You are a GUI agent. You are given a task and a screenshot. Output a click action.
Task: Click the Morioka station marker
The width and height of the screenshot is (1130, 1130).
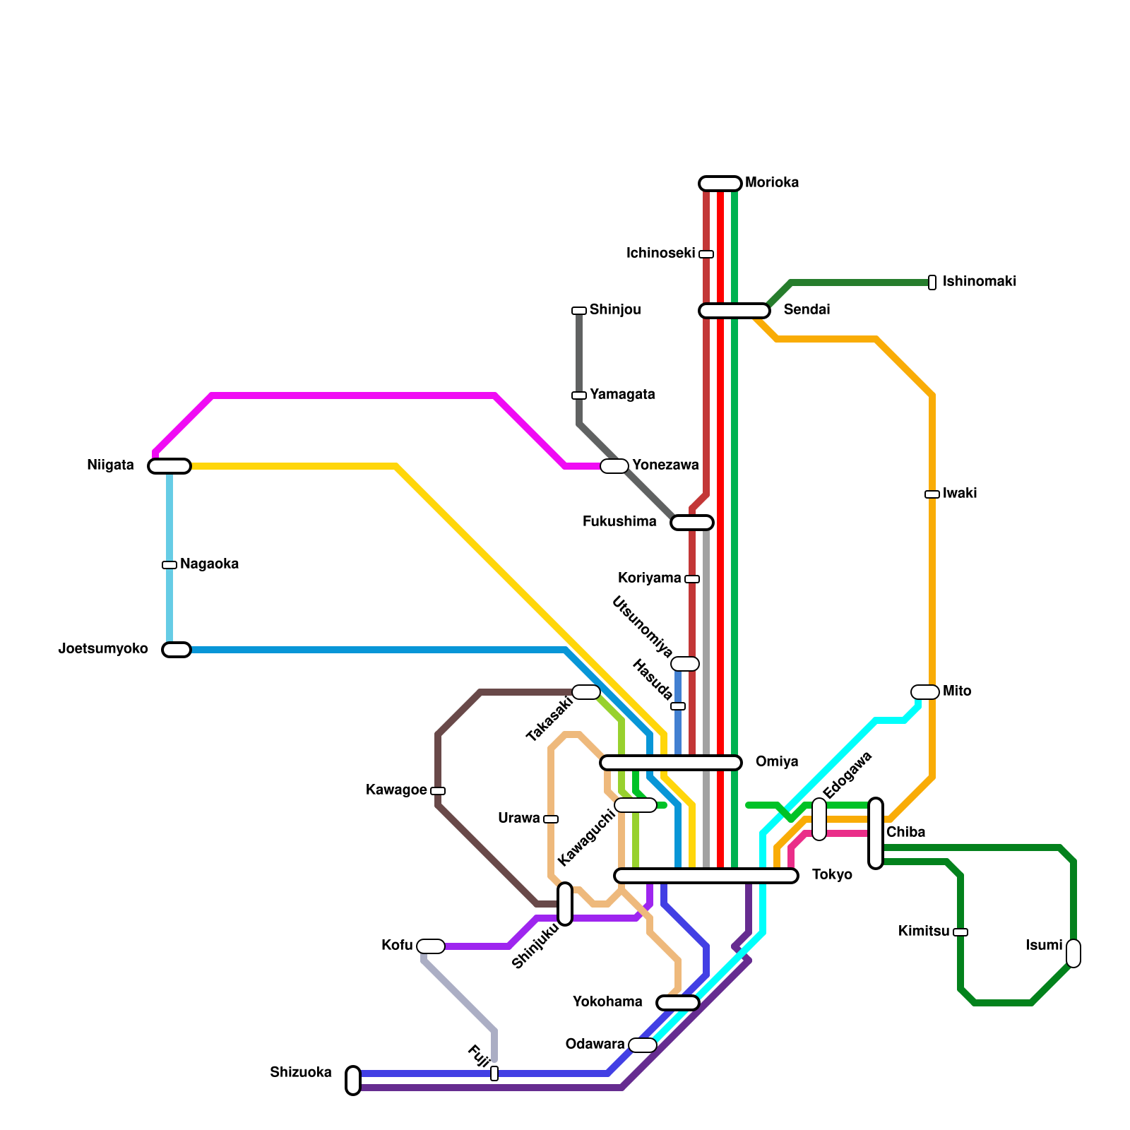[720, 184]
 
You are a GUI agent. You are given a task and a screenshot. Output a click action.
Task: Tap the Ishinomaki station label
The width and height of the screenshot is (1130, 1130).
[979, 282]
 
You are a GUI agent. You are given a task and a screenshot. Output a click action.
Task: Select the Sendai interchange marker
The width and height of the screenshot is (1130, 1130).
[734, 311]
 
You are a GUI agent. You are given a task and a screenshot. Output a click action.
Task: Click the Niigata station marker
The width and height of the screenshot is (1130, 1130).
[169, 466]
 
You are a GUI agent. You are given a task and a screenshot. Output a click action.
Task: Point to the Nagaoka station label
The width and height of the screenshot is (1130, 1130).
[209, 564]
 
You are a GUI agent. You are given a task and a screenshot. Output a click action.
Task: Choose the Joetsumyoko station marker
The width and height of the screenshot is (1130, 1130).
[177, 650]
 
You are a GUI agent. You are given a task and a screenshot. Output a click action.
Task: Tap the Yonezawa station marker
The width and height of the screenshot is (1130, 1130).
[614, 466]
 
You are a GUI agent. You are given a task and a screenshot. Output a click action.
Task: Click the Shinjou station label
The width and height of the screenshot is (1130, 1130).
[614, 310]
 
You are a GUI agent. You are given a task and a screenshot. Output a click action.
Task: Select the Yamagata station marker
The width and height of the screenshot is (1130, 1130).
[579, 395]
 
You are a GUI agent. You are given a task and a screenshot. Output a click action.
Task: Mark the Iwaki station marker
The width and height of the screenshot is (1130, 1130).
[932, 494]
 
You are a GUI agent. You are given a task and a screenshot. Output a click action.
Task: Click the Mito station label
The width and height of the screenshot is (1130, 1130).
[957, 691]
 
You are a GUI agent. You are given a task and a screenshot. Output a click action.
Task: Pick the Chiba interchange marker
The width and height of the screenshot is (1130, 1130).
[876, 833]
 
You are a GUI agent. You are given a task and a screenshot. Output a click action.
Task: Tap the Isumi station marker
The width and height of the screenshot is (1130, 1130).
[1073, 953]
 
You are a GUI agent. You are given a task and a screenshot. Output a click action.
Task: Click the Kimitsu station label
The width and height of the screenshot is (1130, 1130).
[923, 932]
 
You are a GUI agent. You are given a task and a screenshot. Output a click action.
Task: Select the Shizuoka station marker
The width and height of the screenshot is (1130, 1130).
[353, 1081]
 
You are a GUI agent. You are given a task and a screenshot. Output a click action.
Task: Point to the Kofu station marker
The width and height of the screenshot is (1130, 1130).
[430, 946]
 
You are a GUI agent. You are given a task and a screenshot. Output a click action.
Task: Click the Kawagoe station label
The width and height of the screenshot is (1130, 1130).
[395, 790]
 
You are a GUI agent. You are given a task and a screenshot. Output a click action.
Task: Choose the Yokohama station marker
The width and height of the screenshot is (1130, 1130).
[677, 1003]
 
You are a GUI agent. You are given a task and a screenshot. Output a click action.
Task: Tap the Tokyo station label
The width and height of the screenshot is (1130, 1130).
[832, 875]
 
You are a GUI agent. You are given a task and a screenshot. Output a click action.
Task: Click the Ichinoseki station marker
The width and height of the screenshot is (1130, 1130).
[706, 254]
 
